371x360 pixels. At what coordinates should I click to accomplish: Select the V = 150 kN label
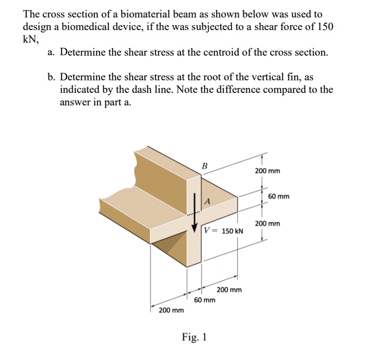click(x=224, y=231)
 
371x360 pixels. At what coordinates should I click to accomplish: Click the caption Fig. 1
click(x=194, y=337)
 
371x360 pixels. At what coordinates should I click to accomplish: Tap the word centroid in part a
click(x=207, y=52)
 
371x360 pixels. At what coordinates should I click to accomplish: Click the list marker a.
click(x=52, y=52)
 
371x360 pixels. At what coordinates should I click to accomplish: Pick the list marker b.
click(x=52, y=77)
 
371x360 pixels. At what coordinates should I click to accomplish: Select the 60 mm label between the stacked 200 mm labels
click(x=278, y=196)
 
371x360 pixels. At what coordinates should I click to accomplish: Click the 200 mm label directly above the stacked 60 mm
click(x=267, y=171)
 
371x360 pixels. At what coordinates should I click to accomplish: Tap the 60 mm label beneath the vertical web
click(x=205, y=299)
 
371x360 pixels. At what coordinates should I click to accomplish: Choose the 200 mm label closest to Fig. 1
click(x=171, y=310)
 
